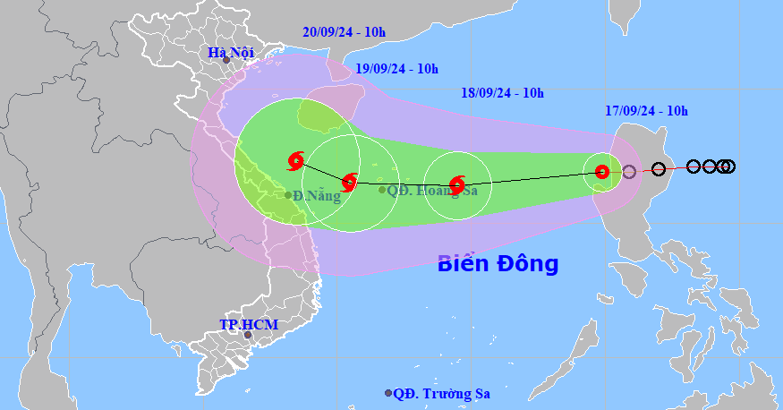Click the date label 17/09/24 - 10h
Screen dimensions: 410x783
click(x=645, y=111)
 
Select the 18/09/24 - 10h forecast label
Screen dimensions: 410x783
click(x=503, y=92)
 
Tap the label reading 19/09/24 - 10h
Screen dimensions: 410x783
click(x=396, y=69)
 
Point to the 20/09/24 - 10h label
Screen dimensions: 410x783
click(x=345, y=32)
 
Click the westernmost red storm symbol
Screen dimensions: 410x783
click(x=296, y=160)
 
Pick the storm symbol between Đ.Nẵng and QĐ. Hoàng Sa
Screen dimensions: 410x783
click(x=350, y=181)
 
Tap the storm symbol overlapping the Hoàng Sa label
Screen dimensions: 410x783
click(x=457, y=185)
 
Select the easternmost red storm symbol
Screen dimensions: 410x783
click(x=602, y=171)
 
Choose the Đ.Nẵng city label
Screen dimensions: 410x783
click(x=318, y=196)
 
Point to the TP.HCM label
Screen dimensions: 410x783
click(x=249, y=324)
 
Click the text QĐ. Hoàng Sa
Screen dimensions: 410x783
click(x=433, y=190)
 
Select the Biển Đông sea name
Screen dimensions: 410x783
click(x=498, y=263)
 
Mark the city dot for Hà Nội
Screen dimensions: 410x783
click(x=239, y=61)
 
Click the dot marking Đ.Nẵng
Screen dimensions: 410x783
click(x=288, y=194)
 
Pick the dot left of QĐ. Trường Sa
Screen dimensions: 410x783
click(x=388, y=393)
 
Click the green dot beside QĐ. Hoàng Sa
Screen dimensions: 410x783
click(x=382, y=190)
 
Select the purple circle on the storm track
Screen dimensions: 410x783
click(x=629, y=171)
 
